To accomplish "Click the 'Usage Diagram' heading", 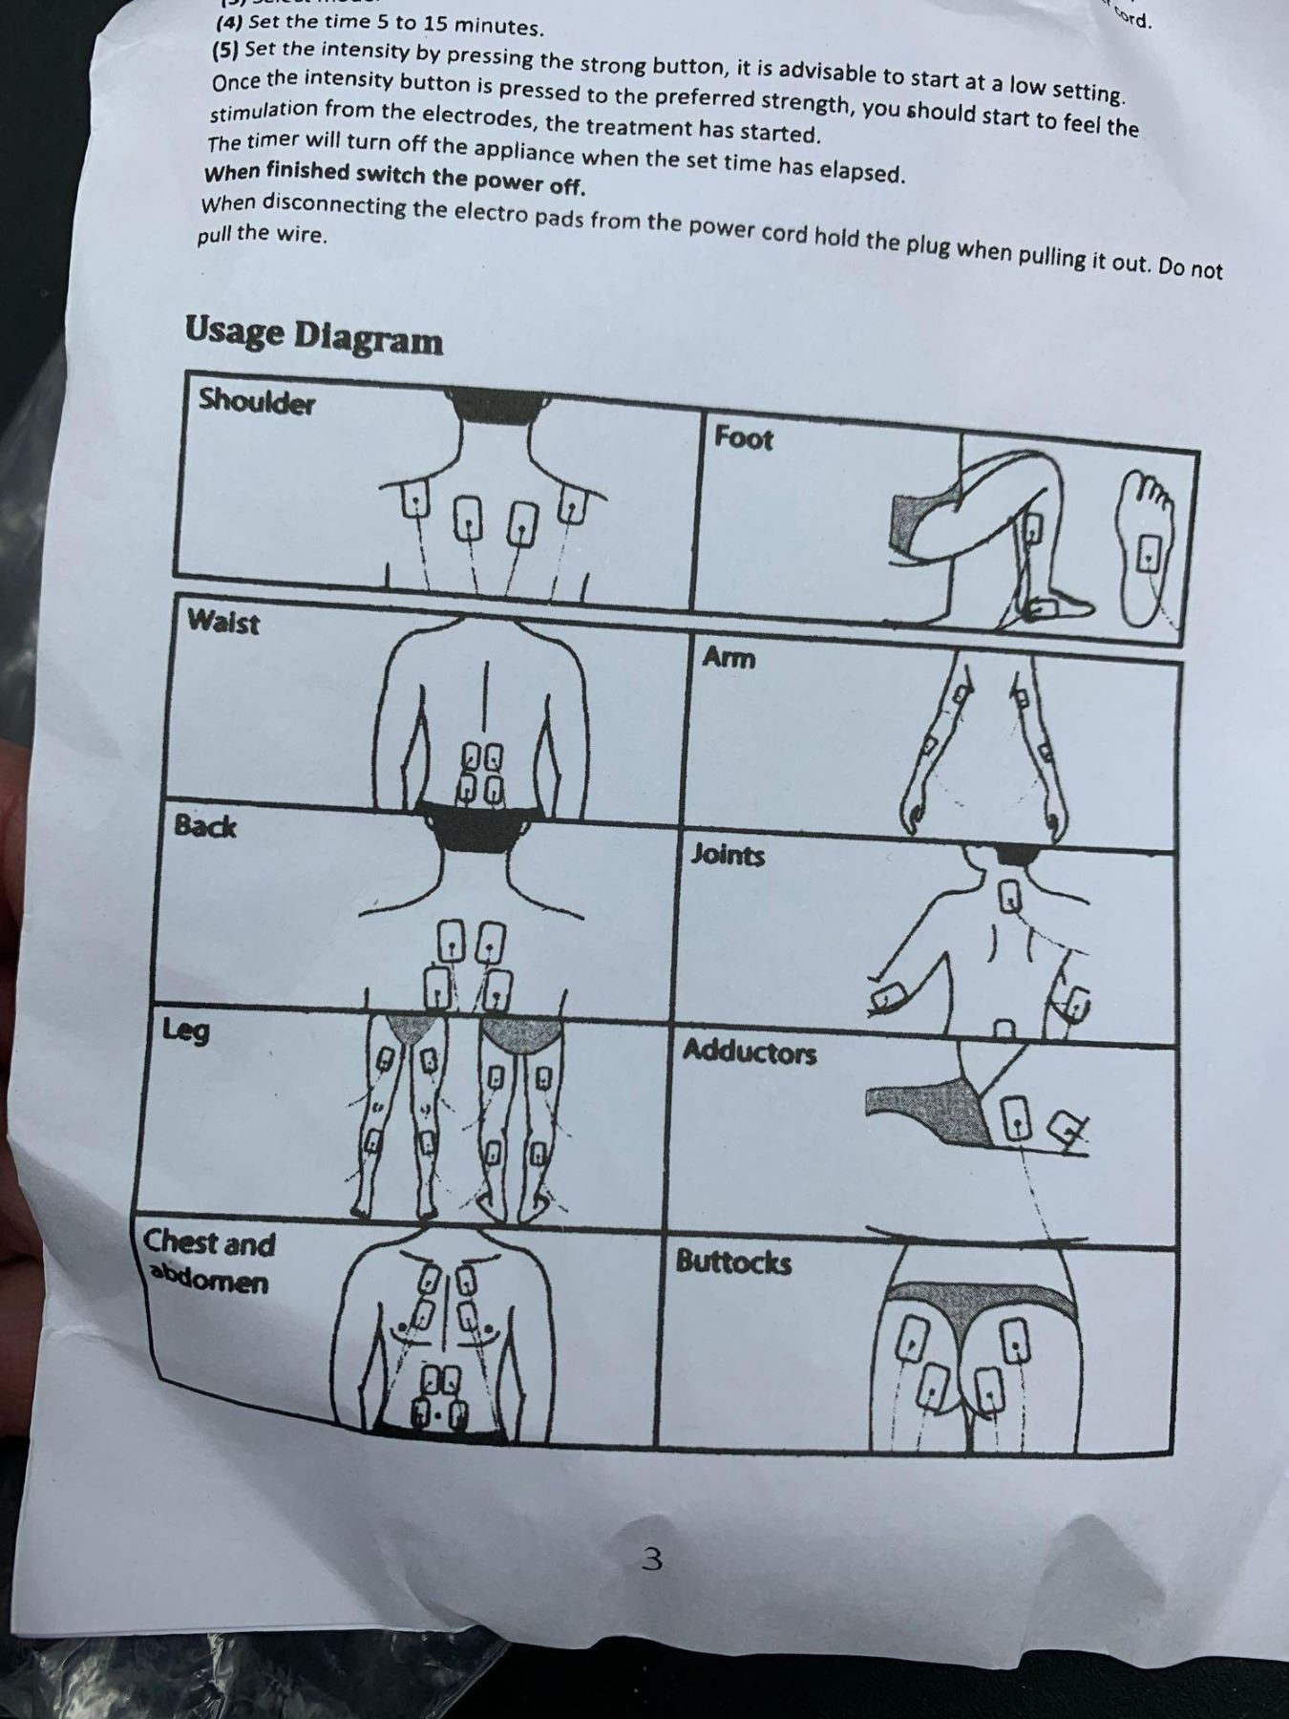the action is [314, 335].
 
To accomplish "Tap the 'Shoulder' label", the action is [257, 402].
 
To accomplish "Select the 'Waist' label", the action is [223, 623].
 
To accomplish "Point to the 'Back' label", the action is [205, 826].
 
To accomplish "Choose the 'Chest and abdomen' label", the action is [208, 1262].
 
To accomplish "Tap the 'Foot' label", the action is [744, 438].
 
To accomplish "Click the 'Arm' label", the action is [729, 658].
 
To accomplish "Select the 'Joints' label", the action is [728, 855].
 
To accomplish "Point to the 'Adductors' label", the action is [750, 1052].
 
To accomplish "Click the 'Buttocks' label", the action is [733, 1263].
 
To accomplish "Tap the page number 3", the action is [653, 1560].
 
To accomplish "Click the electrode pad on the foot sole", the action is [1151, 551].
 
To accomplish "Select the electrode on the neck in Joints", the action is [1009, 896].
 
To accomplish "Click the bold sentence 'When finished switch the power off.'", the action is [394, 179].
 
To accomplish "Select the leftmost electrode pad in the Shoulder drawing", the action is [413, 498].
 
